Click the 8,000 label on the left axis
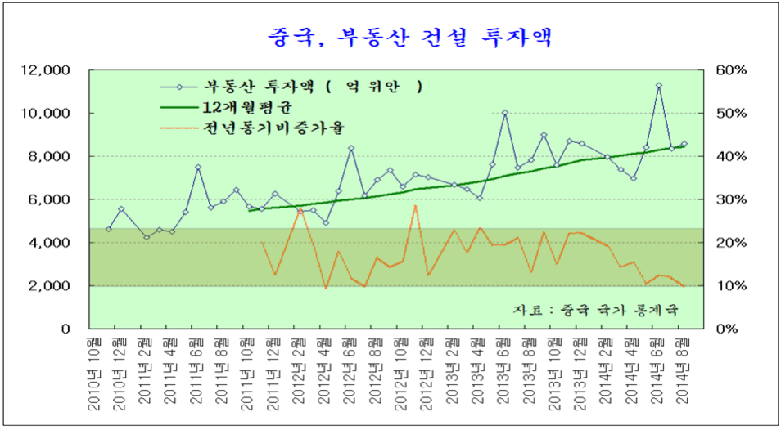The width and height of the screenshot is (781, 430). click(x=52, y=157)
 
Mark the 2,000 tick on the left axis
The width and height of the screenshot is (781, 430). click(x=52, y=286)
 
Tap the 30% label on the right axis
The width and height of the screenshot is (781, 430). click(x=731, y=199)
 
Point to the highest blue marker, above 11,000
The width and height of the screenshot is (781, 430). click(x=658, y=85)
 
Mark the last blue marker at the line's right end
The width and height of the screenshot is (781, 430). click(x=684, y=144)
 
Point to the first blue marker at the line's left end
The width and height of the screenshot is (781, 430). click(x=109, y=229)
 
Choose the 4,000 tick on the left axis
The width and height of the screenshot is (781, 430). click(x=52, y=243)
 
